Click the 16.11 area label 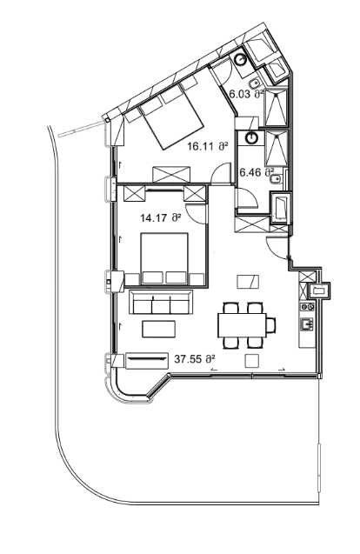(x=207, y=148)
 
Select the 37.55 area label (x=195, y=357)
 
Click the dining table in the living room (x=242, y=324)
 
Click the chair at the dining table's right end (x=270, y=324)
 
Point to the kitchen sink (x=306, y=325)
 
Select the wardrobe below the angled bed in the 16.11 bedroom (x=175, y=172)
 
